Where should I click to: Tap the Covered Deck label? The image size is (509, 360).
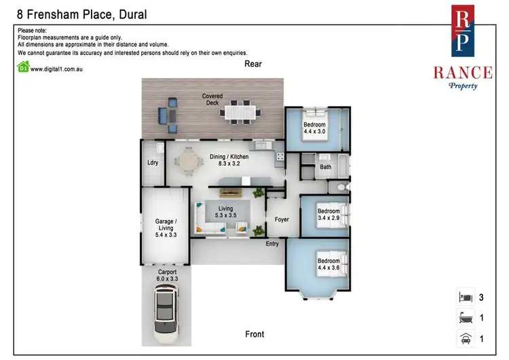coord(211,100)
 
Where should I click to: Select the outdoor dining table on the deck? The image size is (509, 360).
coord(242,111)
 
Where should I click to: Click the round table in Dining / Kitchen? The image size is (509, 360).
coord(187,162)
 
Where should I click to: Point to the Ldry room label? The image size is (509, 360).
coord(152,162)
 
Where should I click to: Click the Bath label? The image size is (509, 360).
coord(326,166)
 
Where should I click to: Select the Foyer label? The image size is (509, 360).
coord(282,219)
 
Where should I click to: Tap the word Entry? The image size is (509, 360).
coord(272,244)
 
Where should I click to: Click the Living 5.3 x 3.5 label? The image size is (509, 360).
coord(225,212)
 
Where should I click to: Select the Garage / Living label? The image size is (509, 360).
coord(166,228)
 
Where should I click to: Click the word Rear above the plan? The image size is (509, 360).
coord(253,64)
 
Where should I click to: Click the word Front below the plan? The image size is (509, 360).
coord(254,334)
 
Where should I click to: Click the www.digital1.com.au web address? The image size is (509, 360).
coord(62,68)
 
